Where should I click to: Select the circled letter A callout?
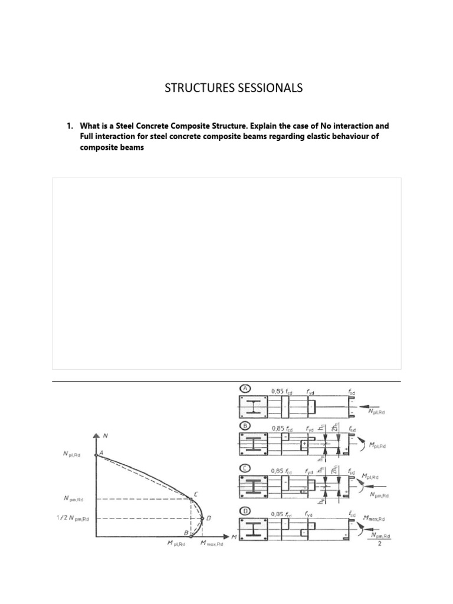(x=244, y=389)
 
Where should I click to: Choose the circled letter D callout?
(x=244, y=511)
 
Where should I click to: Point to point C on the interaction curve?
(x=191, y=499)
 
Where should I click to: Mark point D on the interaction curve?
(x=202, y=518)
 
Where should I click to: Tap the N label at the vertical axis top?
(x=105, y=437)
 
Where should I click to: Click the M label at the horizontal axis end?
(x=234, y=537)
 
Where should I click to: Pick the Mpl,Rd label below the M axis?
(x=176, y=544)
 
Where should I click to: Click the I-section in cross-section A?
(x=253, y=406)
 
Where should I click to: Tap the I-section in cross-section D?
(x=253, y=528)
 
